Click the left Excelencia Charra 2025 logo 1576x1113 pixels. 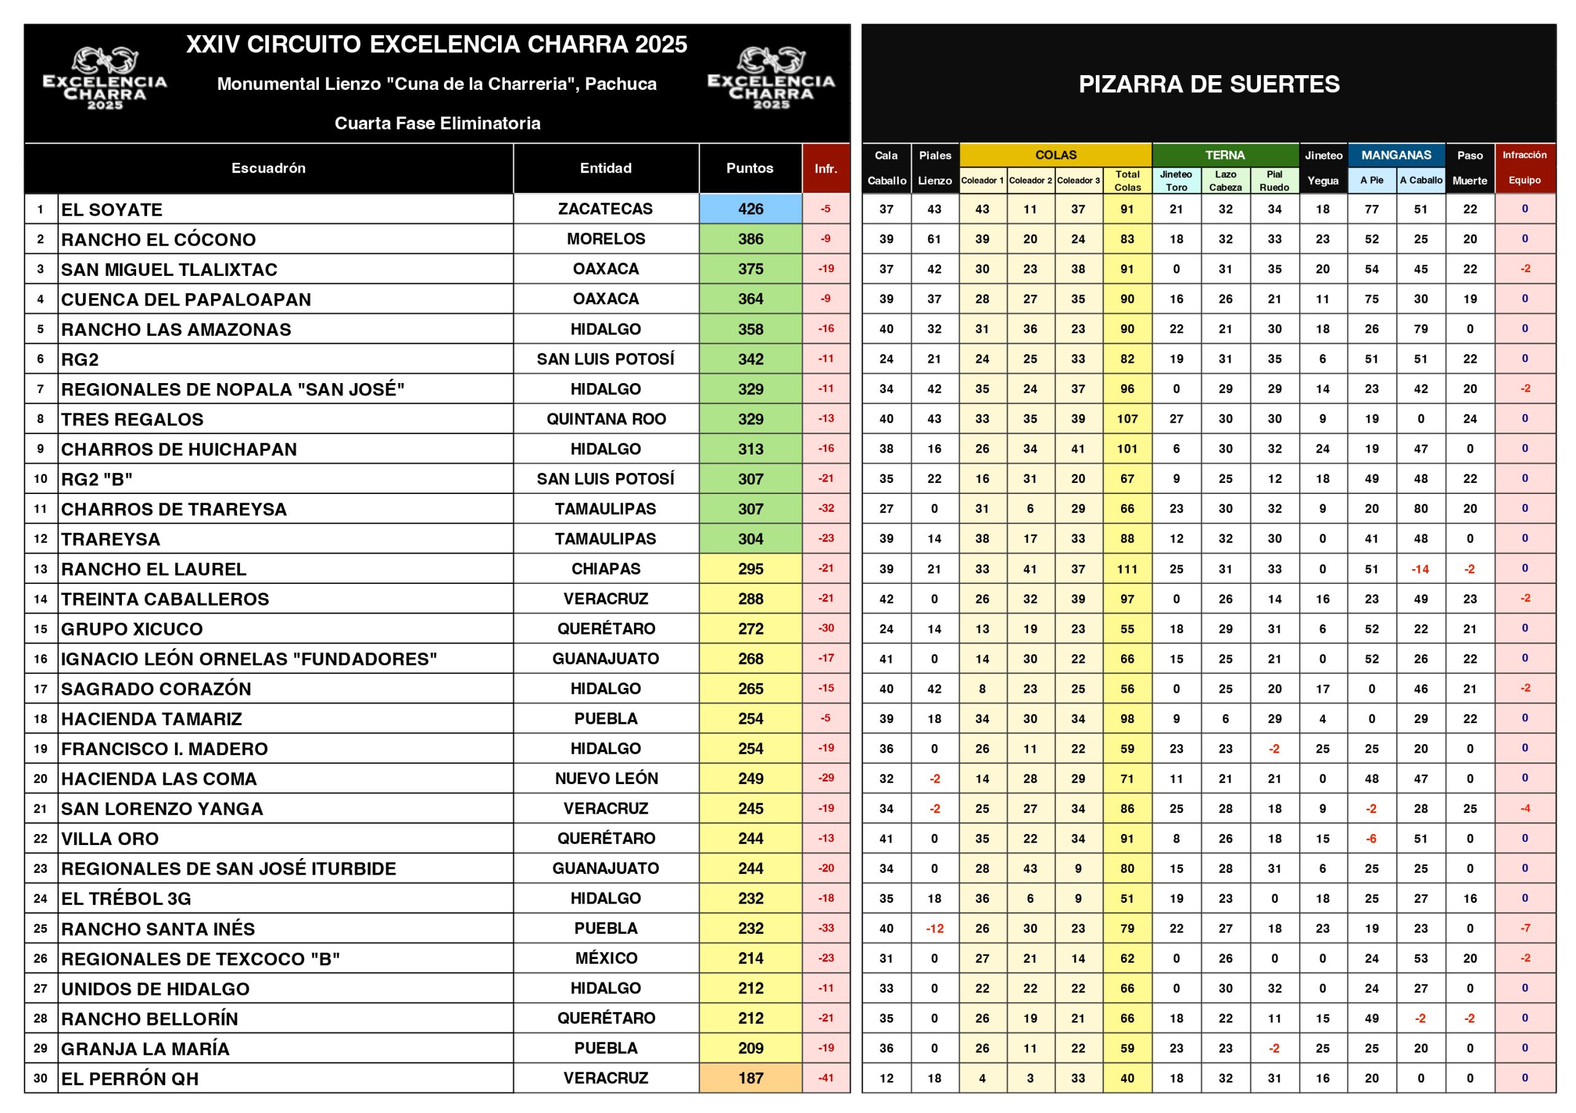coord(105,79)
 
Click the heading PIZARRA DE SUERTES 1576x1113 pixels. coord(1208,84)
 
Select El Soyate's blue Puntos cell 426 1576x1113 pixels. coord(750,209)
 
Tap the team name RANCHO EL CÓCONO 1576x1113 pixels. coord(159,240)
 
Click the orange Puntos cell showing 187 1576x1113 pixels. coord(750,1078)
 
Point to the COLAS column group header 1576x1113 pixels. coord(1056,155)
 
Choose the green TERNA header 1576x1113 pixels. coord(1225,155)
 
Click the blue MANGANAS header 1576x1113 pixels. coord(1396,155)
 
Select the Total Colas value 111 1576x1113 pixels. coord(1127,569)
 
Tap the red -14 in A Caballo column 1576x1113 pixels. coord(1420,569)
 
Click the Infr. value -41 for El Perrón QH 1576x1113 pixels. coord(826,1078)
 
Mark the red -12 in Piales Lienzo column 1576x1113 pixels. coord(934,928)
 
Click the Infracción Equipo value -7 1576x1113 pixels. coord(1524,928)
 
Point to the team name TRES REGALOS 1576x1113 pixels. coord(132,419)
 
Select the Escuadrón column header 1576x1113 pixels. coord(268,168)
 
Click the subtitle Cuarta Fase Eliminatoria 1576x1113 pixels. coord(437,124)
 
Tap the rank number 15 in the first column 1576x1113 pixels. coord(41,629)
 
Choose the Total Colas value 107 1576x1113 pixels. coord(1127,419)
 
